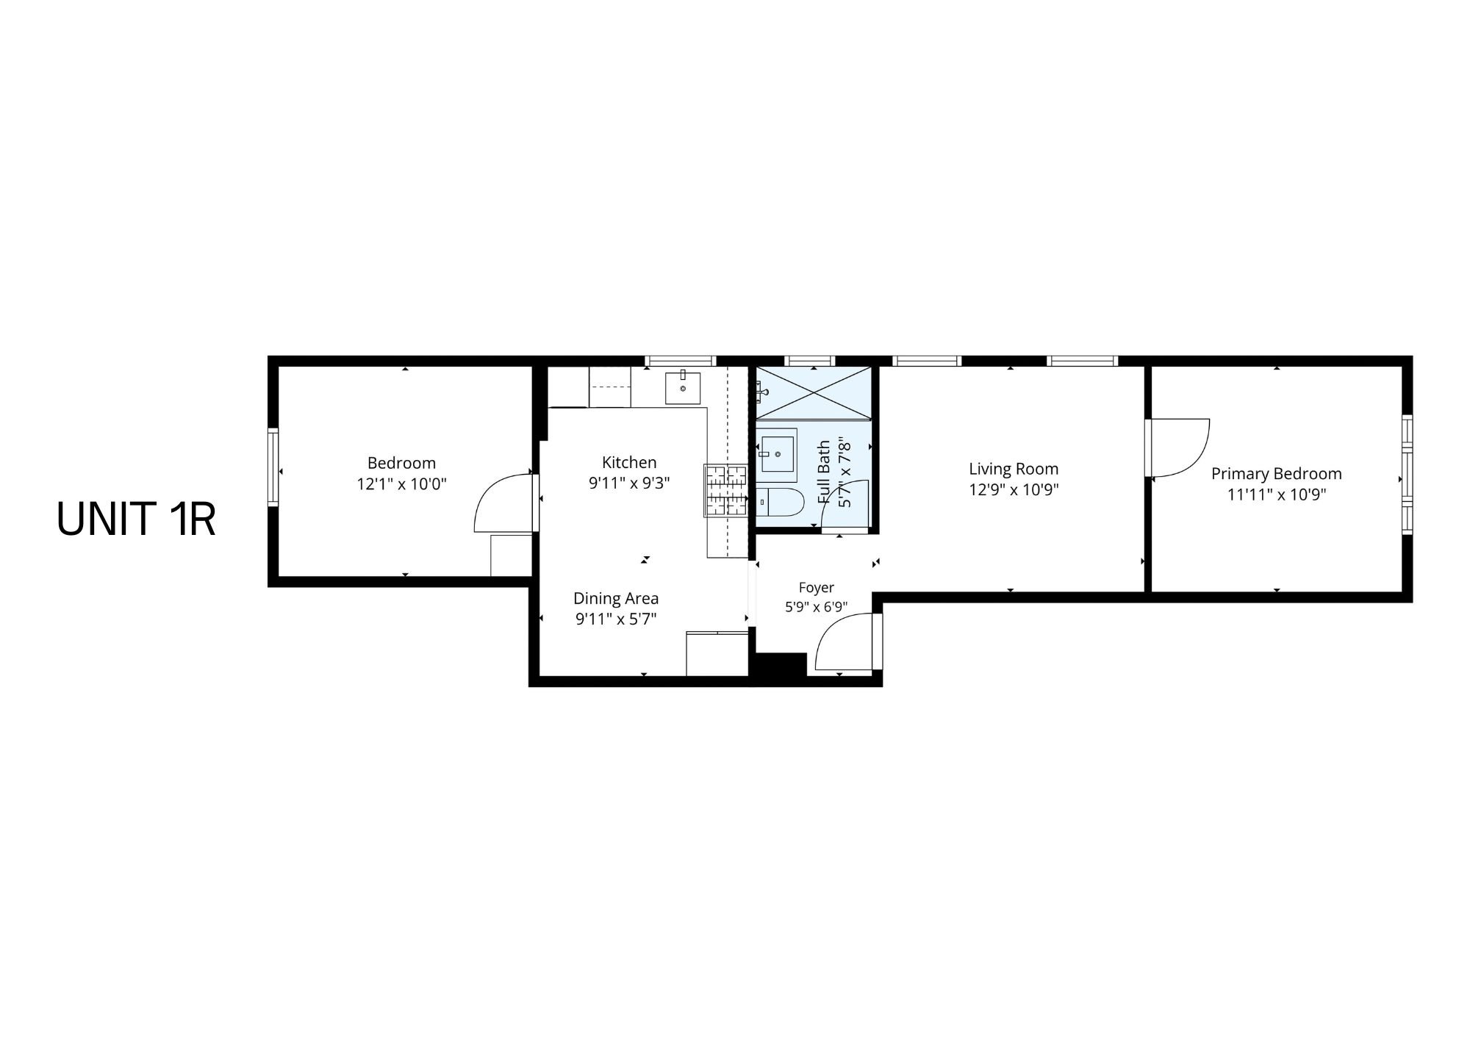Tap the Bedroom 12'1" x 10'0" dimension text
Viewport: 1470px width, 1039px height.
point(402,483)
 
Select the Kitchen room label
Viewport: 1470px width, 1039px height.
point(629,462)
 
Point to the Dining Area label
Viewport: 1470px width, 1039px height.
point(616,598)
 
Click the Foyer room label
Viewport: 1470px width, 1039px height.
point(817,587)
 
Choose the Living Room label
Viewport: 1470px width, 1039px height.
point(1014,469)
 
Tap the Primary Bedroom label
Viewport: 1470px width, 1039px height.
point(1277,474)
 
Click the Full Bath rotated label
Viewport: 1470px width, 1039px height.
point(824,472)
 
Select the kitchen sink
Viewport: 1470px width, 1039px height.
point(683,388)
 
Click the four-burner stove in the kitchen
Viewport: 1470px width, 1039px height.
point(726,490)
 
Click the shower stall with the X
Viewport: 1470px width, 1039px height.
point(814,393)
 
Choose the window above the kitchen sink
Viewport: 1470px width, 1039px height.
point(681,361)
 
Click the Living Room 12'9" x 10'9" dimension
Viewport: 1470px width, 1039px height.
point(1014,489)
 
